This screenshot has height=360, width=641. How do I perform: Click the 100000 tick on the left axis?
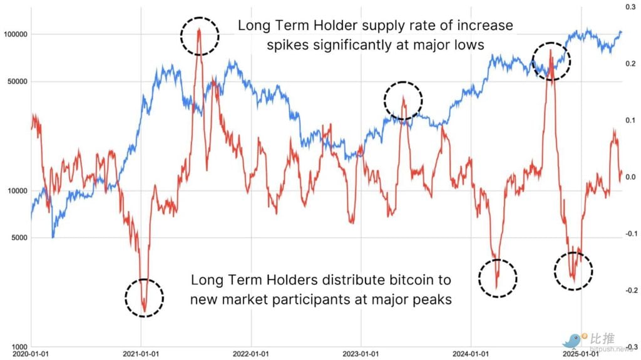[x=16, y=34]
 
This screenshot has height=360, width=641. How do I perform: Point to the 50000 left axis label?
[x=18, y=81]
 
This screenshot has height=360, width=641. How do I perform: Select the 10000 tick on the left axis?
[x=18, y=191]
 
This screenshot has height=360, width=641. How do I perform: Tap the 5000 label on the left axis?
[x=19, y=238]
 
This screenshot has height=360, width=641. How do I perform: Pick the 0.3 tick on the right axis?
[x=630, y=7]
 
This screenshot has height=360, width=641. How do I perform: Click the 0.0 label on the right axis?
[x=630, y=177]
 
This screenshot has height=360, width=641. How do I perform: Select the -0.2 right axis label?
[x=628, y=291]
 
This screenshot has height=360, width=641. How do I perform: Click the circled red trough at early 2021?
[x=144, y=298]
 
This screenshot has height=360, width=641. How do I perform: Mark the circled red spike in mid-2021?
[x=200, y=36]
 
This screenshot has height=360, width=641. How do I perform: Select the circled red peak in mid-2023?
[x=403, y=100]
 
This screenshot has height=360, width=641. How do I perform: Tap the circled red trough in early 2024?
[x=498, y=277]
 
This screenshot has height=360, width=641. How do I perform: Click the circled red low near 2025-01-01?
[x=573, y=270]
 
